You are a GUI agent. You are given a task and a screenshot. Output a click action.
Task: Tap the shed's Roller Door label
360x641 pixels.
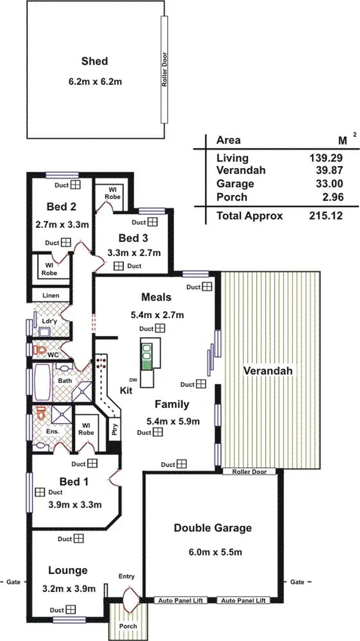pos(164,69)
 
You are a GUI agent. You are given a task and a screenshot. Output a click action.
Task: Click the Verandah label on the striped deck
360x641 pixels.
pos(269,371)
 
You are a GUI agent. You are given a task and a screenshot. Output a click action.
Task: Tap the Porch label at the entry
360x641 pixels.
pos(128,626)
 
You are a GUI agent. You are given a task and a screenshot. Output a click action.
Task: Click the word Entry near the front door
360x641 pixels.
pos(126,576)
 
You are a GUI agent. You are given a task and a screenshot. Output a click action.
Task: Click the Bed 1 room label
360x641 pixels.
pos(74,481)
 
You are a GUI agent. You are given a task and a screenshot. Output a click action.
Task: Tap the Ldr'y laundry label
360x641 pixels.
pos(50,321)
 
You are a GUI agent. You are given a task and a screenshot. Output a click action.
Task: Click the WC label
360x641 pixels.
pos(53,355)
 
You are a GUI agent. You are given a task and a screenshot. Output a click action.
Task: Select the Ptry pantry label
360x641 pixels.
pos(114,430)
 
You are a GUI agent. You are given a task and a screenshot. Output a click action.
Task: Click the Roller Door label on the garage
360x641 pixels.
pos(249,472)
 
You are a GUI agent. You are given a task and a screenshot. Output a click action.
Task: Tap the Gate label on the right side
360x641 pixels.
pos(298,581)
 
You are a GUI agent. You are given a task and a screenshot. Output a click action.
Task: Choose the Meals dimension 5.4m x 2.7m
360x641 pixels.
pos(157,315)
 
